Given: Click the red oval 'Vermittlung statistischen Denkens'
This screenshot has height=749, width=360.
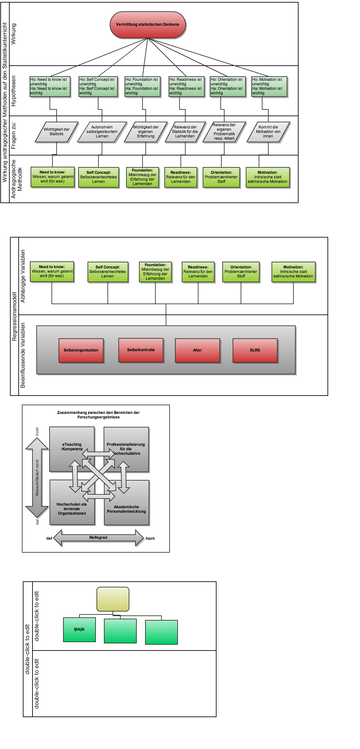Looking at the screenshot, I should [148, 25].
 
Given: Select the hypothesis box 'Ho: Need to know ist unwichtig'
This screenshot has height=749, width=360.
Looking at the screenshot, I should [50, 86].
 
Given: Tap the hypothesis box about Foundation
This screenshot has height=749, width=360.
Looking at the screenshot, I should [143, 86].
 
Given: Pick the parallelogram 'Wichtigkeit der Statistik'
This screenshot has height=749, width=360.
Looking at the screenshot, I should [57, 132].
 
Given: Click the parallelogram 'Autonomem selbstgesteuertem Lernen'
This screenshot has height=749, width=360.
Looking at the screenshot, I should [102, 132].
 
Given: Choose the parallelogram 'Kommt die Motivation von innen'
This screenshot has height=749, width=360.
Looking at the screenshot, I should [268, 132].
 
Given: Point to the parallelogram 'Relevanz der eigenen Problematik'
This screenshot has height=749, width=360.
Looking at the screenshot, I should [224, 132].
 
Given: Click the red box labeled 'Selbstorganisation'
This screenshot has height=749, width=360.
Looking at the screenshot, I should [81, 350].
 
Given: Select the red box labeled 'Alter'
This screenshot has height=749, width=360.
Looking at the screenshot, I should [198, 350].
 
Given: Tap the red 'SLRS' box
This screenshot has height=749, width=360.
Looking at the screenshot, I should [255, 350].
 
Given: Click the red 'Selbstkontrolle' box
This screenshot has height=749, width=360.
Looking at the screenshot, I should [141, 350].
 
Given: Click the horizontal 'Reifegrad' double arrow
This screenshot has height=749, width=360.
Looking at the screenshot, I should [98, 538].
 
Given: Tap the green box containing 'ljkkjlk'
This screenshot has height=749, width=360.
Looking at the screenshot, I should [79, 629].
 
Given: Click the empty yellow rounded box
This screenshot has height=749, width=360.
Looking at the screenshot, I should [113, 599].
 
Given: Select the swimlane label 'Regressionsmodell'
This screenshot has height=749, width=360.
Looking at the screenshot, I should [14, 316].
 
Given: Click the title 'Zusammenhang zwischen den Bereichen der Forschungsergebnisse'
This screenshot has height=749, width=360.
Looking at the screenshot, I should [98, 415].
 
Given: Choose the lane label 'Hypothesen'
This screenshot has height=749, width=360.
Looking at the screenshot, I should [14, 91].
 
